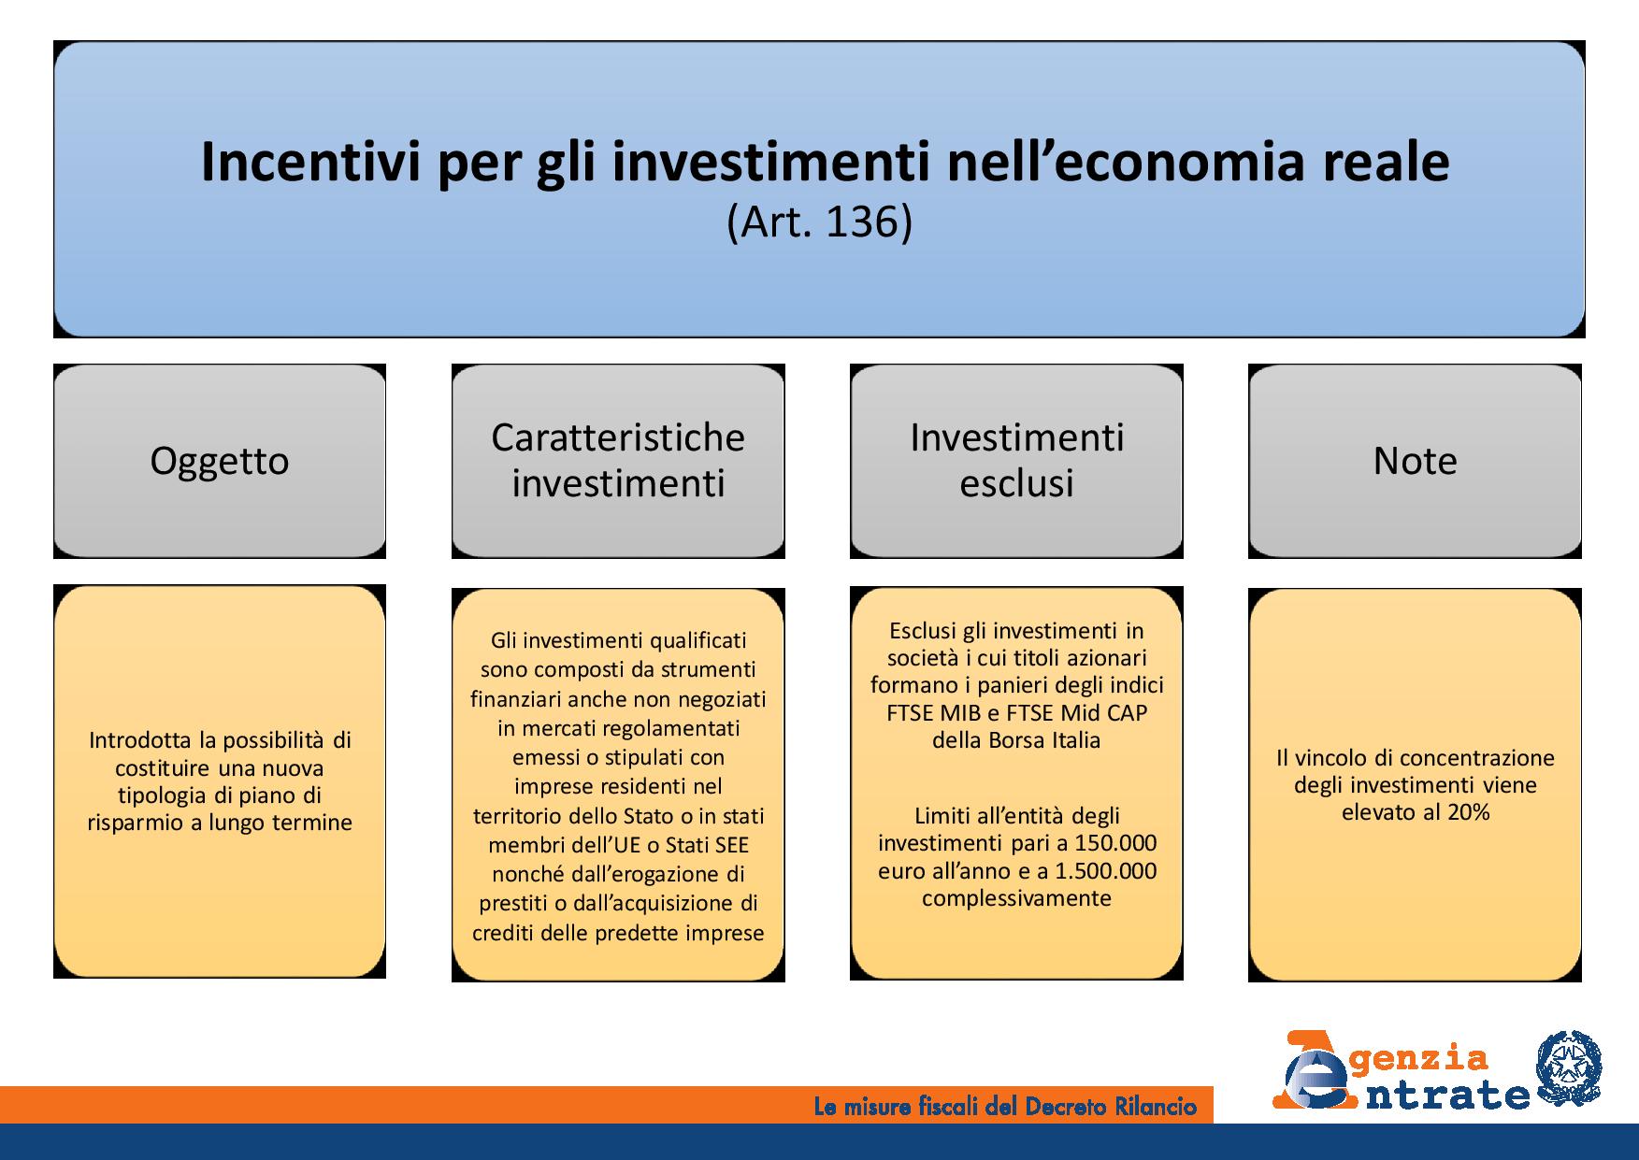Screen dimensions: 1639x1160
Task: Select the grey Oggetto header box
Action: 220,461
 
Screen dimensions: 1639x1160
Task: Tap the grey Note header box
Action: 1415,461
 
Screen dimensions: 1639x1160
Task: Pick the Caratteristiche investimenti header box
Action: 618,461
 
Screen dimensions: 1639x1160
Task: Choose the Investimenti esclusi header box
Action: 1016,461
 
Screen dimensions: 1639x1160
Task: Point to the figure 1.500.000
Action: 1106,871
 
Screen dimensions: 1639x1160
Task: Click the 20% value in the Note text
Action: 1468,812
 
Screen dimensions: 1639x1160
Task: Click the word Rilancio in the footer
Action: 1157,1108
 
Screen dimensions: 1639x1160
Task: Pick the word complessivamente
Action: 1016,899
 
